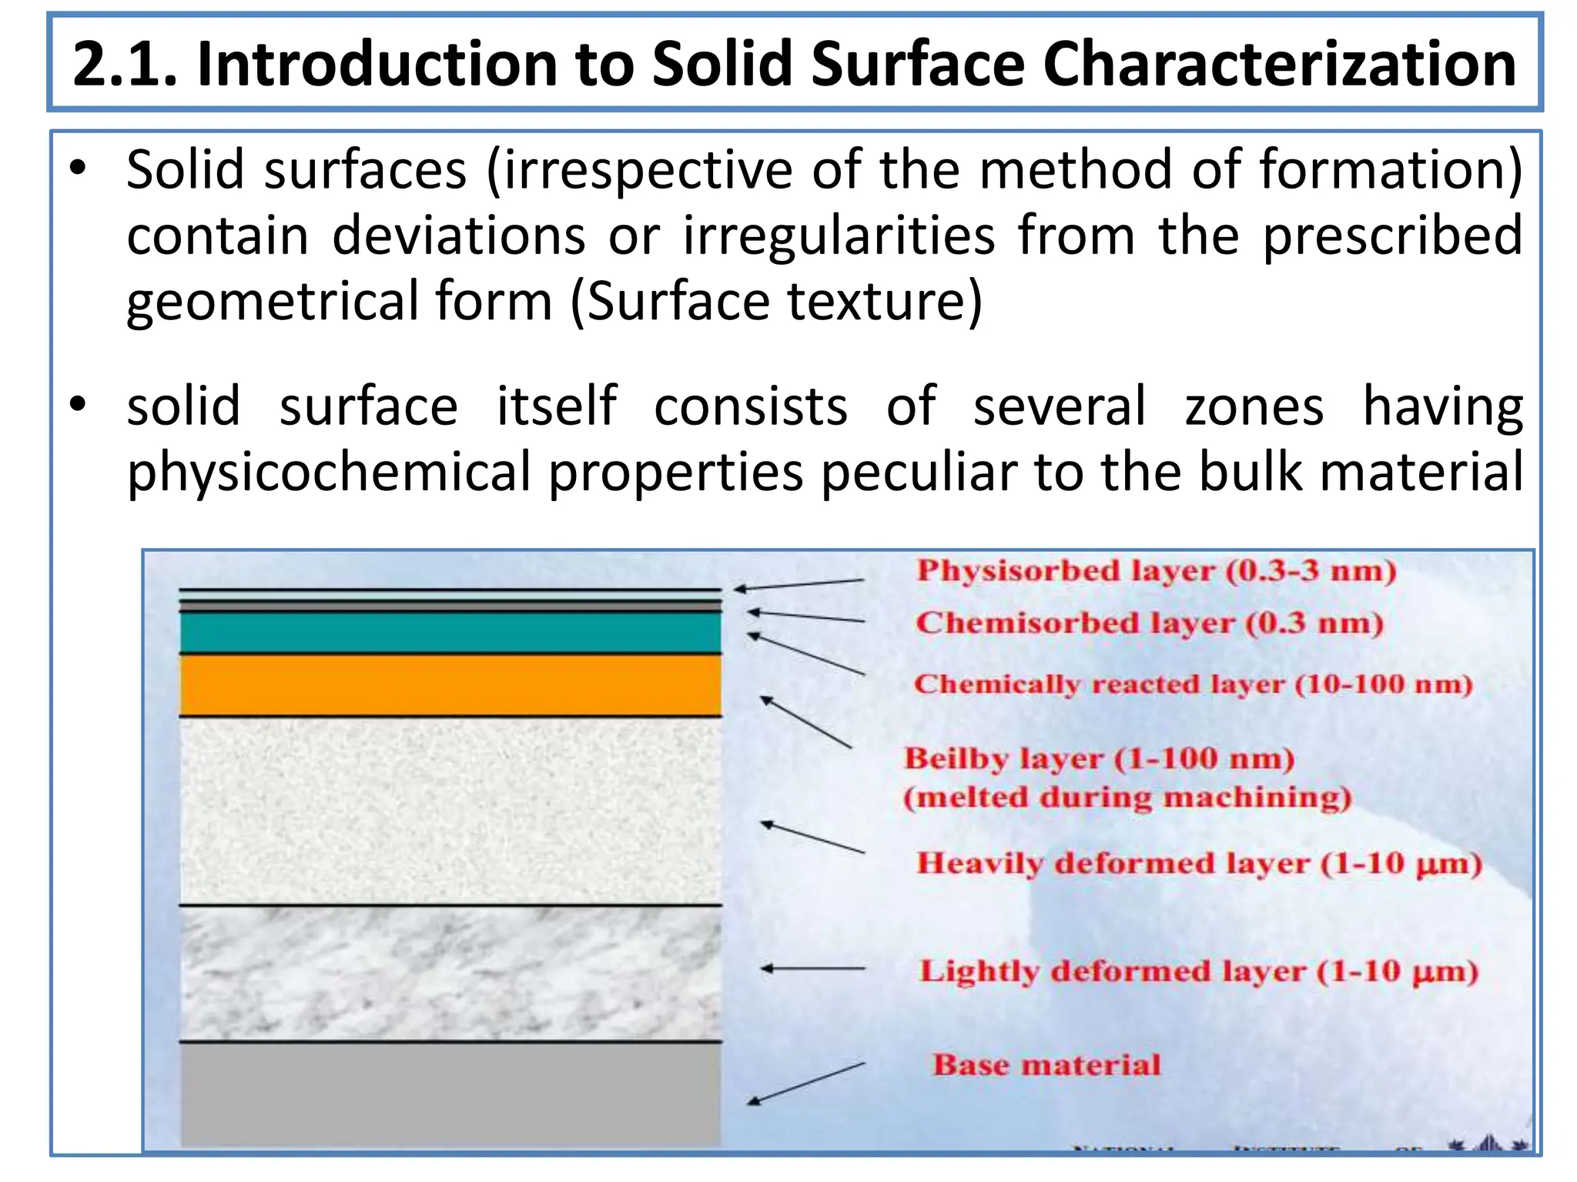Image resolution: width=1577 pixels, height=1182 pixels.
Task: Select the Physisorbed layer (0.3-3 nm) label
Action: pos(1155,571)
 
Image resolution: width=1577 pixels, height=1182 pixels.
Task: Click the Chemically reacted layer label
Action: pos(1192,683)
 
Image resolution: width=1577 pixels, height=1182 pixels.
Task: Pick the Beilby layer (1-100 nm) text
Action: pos(1098,759)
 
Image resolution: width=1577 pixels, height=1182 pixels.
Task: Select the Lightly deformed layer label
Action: pos(1198,971)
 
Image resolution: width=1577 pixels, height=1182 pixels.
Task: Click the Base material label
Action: pos(1046,1065)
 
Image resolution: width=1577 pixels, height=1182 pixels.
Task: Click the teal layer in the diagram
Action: pos(450,632)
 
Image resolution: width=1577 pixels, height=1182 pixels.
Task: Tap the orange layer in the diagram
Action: pos(450,685)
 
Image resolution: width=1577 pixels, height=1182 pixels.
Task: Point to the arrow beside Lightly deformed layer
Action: pos(812,969)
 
